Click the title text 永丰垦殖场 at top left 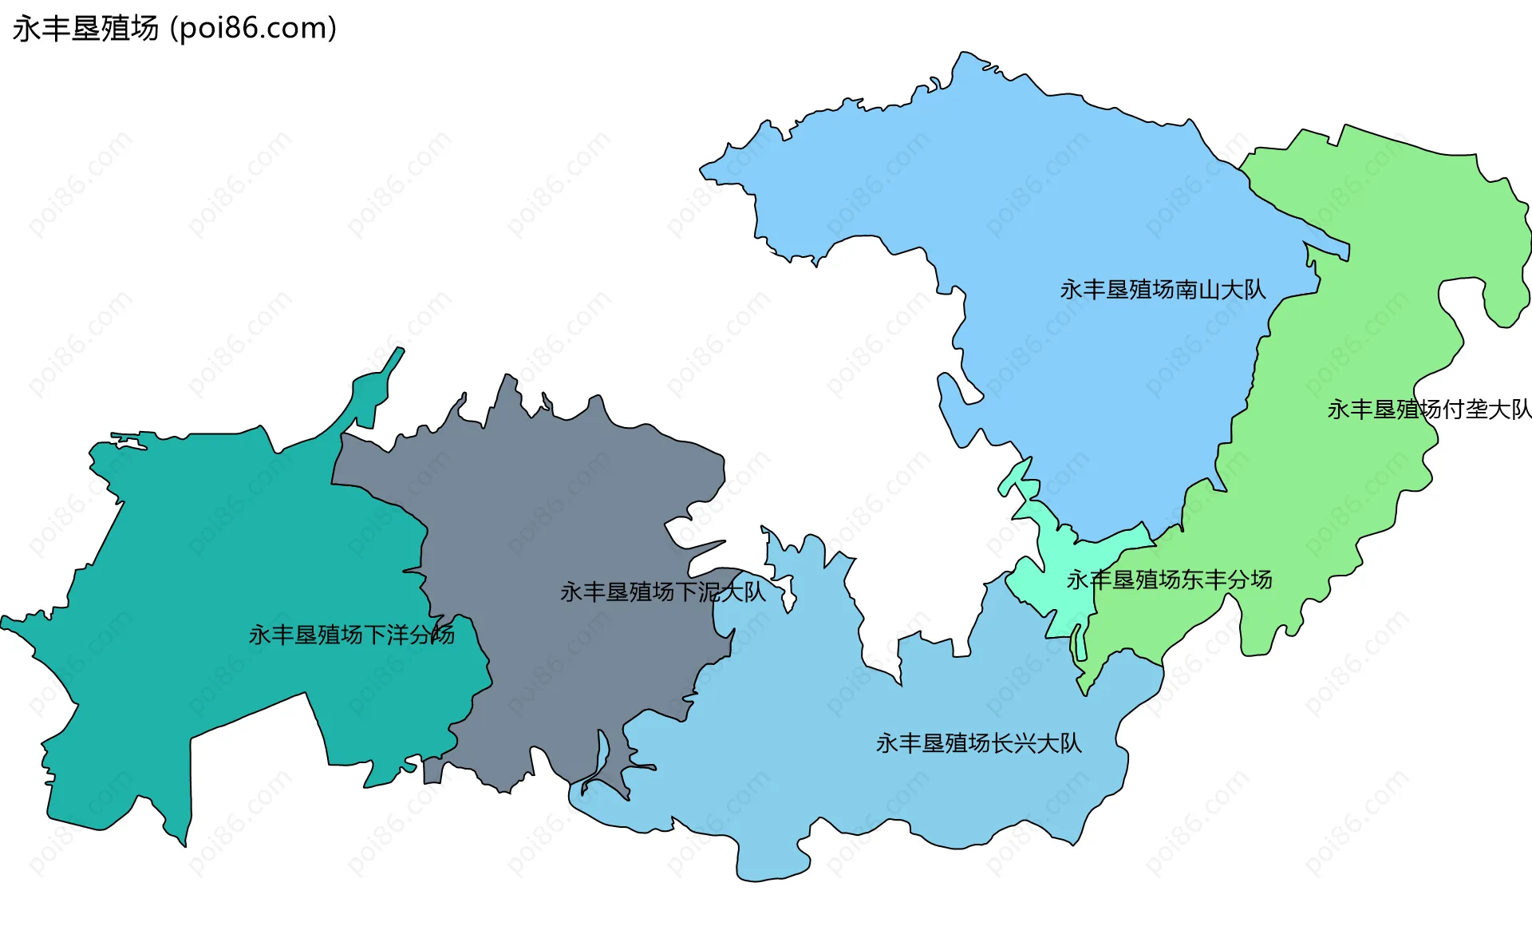(x=85, y=29)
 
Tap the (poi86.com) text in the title (x=253, y=29)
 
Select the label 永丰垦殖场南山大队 (x=1163, y=290)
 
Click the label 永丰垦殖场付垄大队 (x=1429, y=410)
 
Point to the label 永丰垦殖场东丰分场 (x=1169, y=580)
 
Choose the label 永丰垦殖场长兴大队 (x=978, y=743)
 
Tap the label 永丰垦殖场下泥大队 (x=662, y=592)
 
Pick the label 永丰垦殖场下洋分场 (x=351, y=635)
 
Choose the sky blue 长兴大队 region (x=878, y=798)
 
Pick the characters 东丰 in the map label (x=1203, y=580)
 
